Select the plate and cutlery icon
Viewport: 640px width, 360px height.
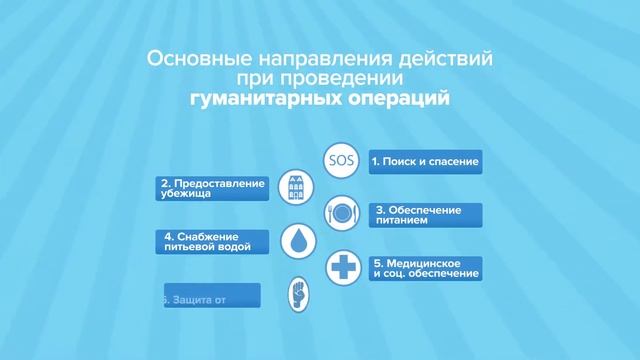click(340, 214)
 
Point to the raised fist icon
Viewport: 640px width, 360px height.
click(300, 294)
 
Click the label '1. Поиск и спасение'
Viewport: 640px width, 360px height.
click(423, 160)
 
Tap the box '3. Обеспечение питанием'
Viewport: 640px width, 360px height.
click(425, 214)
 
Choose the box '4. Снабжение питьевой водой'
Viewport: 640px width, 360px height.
click(211, 240)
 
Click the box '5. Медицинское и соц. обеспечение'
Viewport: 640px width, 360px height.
click(425, 267)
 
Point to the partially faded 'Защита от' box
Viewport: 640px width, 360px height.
click(211, 295)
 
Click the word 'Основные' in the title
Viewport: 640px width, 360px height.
click(187, 59)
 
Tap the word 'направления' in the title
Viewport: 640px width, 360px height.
click(297, 59)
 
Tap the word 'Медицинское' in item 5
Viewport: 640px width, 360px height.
click(420, 262)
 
